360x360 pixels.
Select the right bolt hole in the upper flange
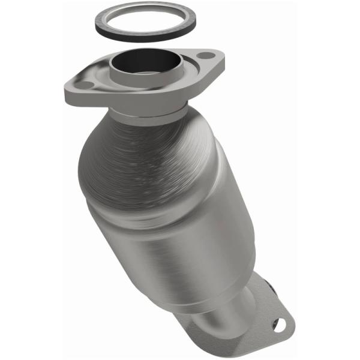coord(206,56)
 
